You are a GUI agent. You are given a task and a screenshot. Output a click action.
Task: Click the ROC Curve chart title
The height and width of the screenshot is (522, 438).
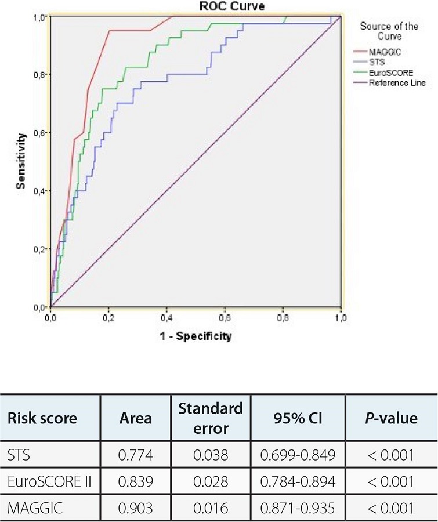(x=197, y=6)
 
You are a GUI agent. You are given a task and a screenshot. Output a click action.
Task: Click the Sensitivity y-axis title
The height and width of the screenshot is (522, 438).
(x=22, y=161)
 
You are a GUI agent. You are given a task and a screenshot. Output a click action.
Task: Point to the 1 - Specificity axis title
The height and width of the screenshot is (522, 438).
(x=196, y=336)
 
